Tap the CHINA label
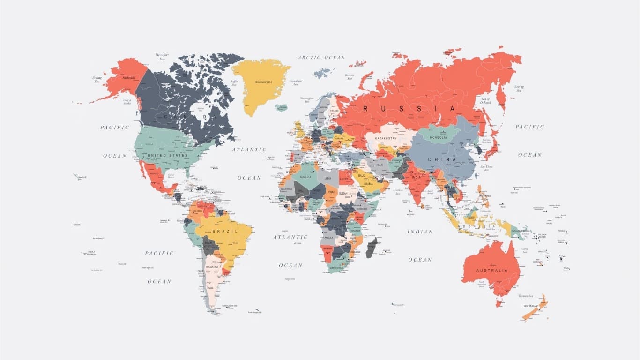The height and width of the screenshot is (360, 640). [x=442, y=159]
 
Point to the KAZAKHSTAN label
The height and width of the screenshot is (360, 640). [x=386, y=138]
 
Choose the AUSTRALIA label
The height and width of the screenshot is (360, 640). [x=491, y=270]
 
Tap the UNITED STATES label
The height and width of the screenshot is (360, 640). [x=167, y=155]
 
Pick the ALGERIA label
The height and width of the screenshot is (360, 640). [x=305, y=177]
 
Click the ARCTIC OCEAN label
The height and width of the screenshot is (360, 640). [x=321, y=58]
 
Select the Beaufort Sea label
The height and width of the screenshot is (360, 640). [x=162, y=57]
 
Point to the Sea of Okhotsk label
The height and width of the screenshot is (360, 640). [x=485, y=101]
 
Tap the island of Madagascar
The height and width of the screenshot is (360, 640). [x=371, y=247]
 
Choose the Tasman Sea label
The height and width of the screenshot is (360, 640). [x=525, y=296]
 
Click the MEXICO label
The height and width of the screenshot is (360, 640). [x=154, y=173]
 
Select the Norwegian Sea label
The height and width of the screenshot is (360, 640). [x=307, y=100]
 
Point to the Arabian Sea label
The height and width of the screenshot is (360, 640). [x=398, y=192]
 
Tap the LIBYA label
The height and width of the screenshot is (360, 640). [x=328, y=178]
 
